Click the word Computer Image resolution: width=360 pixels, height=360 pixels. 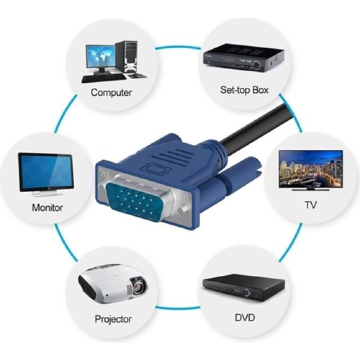click(111, 93)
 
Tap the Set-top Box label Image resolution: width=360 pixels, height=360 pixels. click(244, 90)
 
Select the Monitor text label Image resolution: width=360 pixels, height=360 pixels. click(47, 207)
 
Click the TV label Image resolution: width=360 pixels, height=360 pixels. click(311, 205)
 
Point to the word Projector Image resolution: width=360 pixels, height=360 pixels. click(113, 319)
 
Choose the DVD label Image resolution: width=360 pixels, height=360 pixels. click(245, 317)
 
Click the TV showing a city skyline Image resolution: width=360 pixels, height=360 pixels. click(310, 169)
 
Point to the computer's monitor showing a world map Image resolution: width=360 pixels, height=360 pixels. click(99, 57)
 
